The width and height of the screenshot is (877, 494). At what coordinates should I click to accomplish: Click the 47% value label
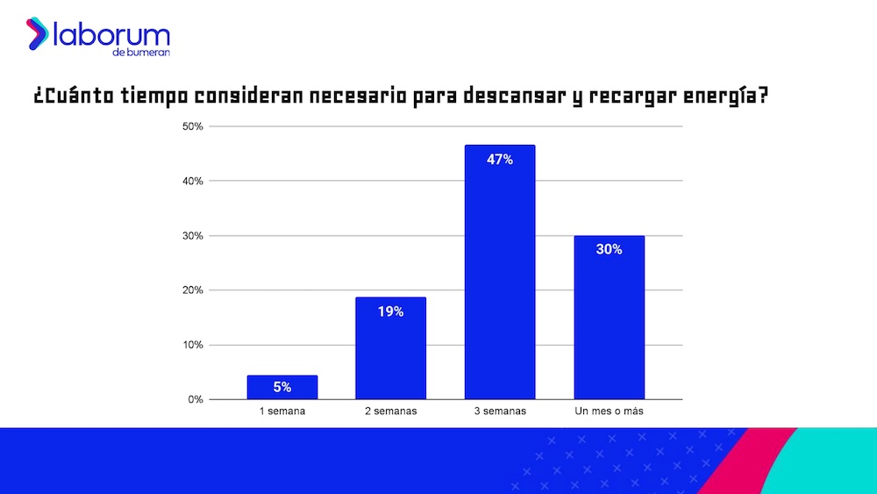pyautogui.click(x=500, y=160)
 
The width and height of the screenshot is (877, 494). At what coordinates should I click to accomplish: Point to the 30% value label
pyautogui.click(x=609, y=249)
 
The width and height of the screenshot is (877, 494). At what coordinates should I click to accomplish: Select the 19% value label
pyautogui.click(x=390, y=311)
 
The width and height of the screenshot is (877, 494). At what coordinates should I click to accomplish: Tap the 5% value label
pyautogui.click(x=282, y=387)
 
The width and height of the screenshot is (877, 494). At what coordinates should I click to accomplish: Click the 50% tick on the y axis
pyautogui.click(x=192, y=126)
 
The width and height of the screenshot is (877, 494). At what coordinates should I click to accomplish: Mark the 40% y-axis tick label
pyautogui.click(x=192, y=181)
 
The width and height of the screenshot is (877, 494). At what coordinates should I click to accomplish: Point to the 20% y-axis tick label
pyautogui.click(x=192, y=290)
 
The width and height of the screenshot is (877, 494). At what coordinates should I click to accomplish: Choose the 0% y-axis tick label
pyautogui.click(x=195, y=399)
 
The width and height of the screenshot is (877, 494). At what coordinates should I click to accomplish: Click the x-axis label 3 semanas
pyautogui.click(x=500, y=412)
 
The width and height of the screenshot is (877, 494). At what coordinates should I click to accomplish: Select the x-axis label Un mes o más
pyautogui.click(x=609, y=412)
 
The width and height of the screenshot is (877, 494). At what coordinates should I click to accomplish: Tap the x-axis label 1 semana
pyautogui.click(x=282, y=412)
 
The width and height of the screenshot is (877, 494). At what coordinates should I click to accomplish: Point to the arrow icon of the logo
pyautogui.click(x=37, y=33)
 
